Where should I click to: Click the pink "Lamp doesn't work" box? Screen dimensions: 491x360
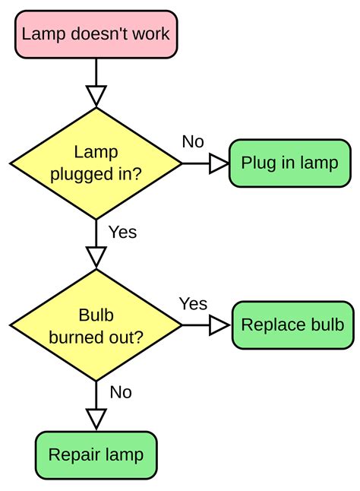(x=96, y=33)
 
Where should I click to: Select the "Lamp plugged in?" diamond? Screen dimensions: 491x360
(x=96, y=163)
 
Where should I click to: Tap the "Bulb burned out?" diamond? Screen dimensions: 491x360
(x=96, y=325)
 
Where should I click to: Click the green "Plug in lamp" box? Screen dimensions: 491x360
(x=289, y=163)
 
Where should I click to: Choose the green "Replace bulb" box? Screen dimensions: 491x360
(x=292, y=325)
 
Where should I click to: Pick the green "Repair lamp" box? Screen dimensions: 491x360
(x=96, y=455)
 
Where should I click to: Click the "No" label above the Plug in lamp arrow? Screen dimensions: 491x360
(x=193, y=141)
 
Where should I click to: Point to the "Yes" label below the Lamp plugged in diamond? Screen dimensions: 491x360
(x=122, y=232)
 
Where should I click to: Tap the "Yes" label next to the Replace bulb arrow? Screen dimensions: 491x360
(x=193, y=303)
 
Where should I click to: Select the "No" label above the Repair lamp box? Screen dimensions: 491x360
(x=121, y=392)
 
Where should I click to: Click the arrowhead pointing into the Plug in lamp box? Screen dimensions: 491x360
(x=219, y=163)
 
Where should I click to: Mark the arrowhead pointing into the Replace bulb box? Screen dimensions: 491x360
(x=220, y=325)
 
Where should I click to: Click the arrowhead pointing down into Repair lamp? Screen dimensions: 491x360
(x=96, y=419)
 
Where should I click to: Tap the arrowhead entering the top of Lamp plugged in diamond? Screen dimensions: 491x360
(x=96, y=95)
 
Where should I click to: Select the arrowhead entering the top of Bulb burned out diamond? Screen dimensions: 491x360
(x=96, y=256)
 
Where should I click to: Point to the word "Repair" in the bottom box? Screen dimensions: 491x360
(x=71, y=455)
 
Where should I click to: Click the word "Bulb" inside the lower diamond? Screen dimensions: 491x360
(x=96, y=315)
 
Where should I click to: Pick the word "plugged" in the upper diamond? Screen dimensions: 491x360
(x=80, y=174)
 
